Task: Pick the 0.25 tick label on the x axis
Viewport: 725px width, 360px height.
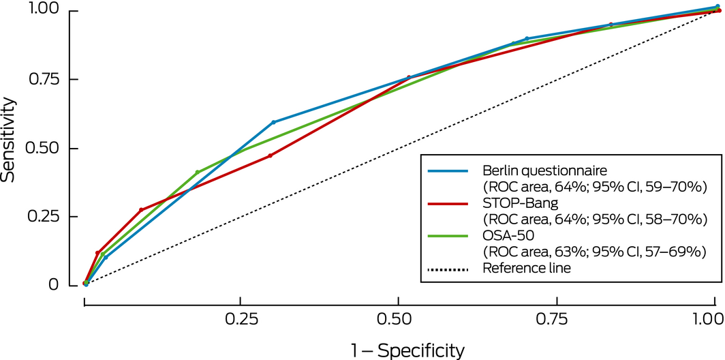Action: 240,318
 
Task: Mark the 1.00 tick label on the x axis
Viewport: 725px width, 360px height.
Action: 708,318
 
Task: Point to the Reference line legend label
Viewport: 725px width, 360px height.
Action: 526,269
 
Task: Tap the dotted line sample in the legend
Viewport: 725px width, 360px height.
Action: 448,269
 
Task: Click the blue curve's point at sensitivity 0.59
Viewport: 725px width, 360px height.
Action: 273,123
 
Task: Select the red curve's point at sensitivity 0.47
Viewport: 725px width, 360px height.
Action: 270,155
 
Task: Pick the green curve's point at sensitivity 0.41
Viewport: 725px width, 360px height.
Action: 197,172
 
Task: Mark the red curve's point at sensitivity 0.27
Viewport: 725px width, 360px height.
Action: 141,210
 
